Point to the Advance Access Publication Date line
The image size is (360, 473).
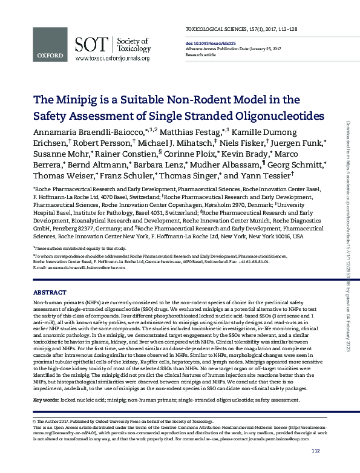[224, 48]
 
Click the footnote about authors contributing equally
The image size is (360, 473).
[79, 249]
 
